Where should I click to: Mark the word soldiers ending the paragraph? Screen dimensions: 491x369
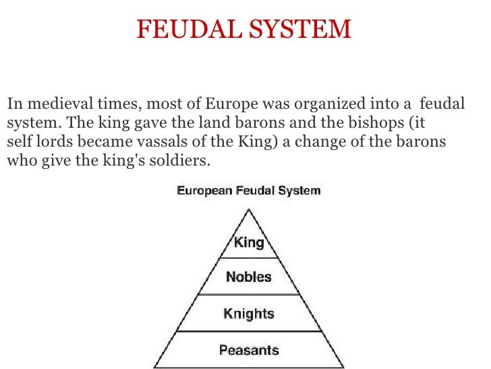pyautogui.click(x=187, y=162)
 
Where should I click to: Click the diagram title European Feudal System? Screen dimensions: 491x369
pyautogui.click(x=249, y=191)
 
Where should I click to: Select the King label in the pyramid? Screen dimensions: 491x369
pyautogui.click(x=249, y=243)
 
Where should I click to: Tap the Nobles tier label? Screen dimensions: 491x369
pyautogui.click(x=249, y=276)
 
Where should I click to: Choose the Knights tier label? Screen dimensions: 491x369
pyautogui.click(x=249, y=314)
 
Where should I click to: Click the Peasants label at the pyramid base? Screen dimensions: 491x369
pyautogui.click(x=249, y=350)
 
